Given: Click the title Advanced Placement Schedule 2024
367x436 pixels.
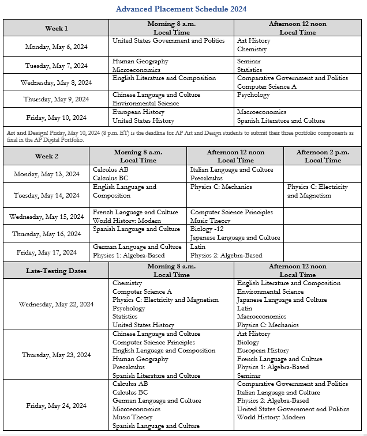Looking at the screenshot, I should [181, 9].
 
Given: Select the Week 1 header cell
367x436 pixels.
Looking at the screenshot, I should [57, 28].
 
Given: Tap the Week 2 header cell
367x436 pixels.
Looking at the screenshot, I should [46, 156].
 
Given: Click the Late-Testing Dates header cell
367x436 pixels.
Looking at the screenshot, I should [56, 271].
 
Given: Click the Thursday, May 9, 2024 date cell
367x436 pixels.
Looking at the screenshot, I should [56, 99].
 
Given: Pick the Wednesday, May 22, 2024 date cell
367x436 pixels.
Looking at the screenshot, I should [56, 304].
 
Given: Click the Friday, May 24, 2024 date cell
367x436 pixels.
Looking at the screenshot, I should [56, 405].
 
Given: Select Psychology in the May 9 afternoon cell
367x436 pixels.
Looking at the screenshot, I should [253, 95].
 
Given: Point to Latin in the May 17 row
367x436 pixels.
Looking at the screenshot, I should [198, 247].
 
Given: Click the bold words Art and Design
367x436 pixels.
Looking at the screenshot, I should [25, 132].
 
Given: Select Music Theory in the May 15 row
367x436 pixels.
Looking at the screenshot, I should [211, 221].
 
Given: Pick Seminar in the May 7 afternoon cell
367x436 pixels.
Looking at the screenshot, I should [249, 62].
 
